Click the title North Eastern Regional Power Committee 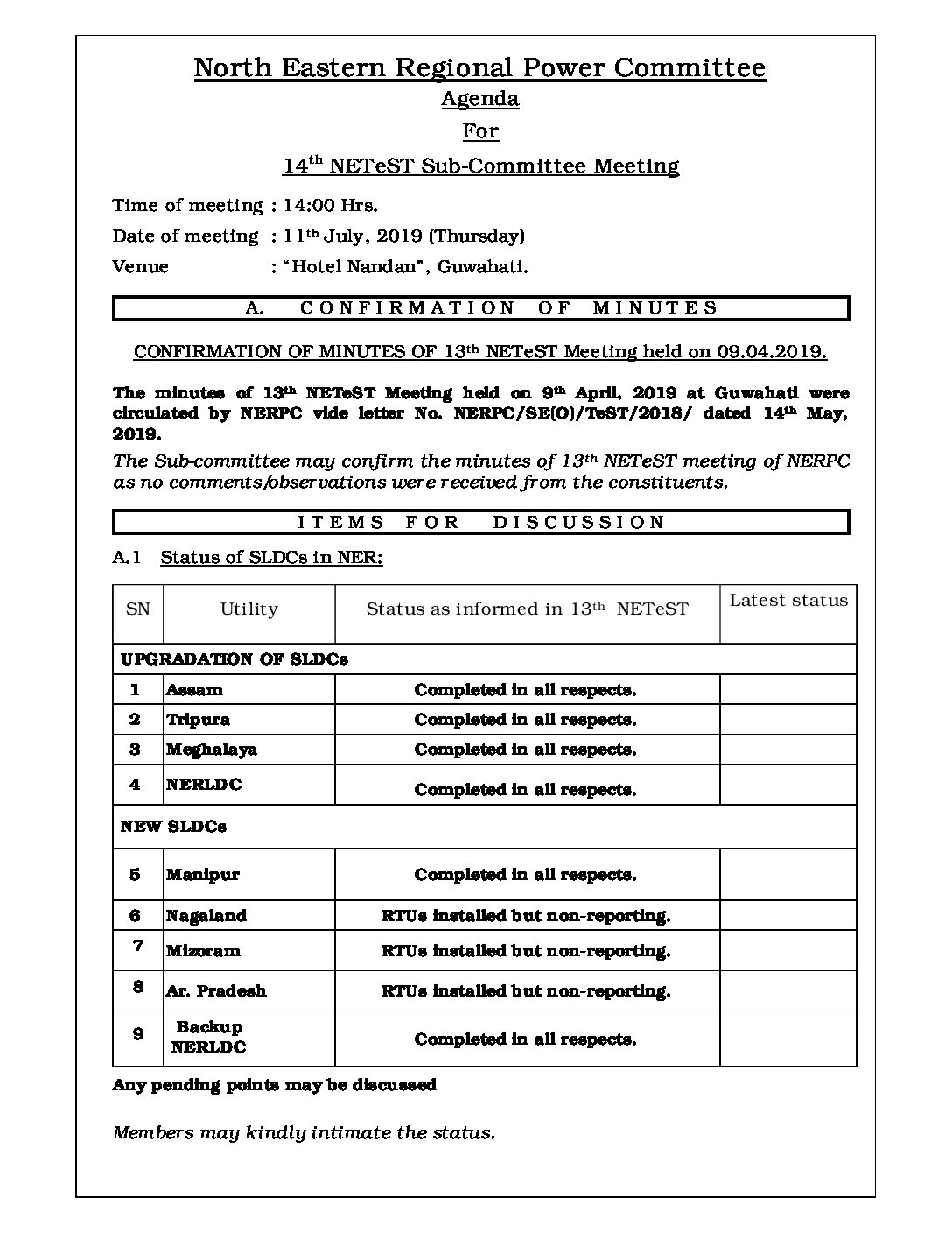pyautogui.click(x=479, y=68)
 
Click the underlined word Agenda pyautogui.click(x=479, y=99)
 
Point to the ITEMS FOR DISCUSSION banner pyautogui.click(x=481, y=523)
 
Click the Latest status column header pyautogui.click(x=787, y=601)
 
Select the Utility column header pyautogui.click(x=248, y=609)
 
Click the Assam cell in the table pyautogui.click(x=194, y=690)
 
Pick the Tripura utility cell pyautogui.click(x=198, y=720)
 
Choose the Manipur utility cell pyautogui.click(x=202, y=875)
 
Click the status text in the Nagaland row pyautogui.click(x=525, y=916)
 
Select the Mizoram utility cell pyautogui.click(x=203, y=951)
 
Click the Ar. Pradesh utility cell pyautogui.click(x=215, y=991)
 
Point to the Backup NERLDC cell pyautogui.click(x=209, y=1037)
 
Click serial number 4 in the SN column pyautogui.click(x=135, y=785)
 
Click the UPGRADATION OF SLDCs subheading pyautogui.click(x=234, y=659)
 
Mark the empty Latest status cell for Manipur pyautogui.click(x=787, y=875)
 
